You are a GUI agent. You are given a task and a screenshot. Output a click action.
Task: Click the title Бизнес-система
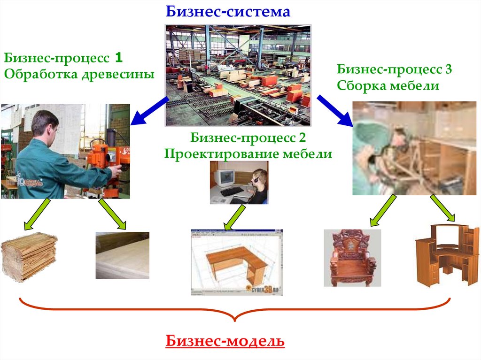(x=228, y=11)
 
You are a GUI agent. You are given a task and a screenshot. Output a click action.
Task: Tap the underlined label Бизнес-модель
(x=225, y=341)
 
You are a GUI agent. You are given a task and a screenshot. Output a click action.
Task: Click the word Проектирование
(x=216, y=153)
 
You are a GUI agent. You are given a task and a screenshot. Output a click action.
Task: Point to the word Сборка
(x=359, y=86)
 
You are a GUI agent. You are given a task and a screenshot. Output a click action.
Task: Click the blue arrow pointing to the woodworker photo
(x=149, y=110)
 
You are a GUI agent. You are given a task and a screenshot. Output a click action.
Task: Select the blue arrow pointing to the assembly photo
(x=335, y=111)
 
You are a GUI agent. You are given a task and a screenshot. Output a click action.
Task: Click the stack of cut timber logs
(x=29, y=256)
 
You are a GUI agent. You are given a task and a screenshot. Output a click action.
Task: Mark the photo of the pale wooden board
(x=122, y=255)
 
